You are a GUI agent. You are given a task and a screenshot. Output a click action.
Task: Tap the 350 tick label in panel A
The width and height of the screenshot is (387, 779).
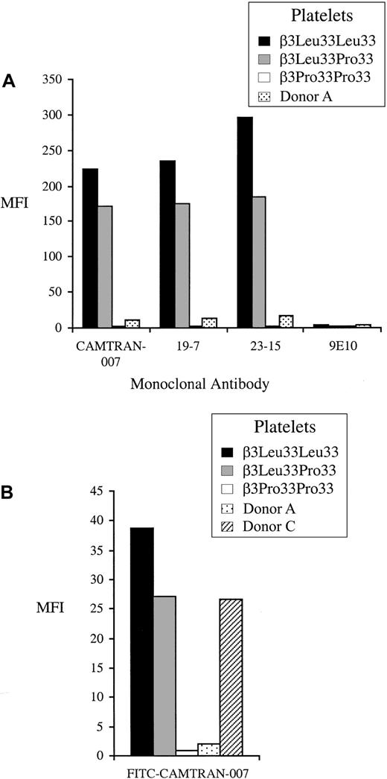coord(53,80)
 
